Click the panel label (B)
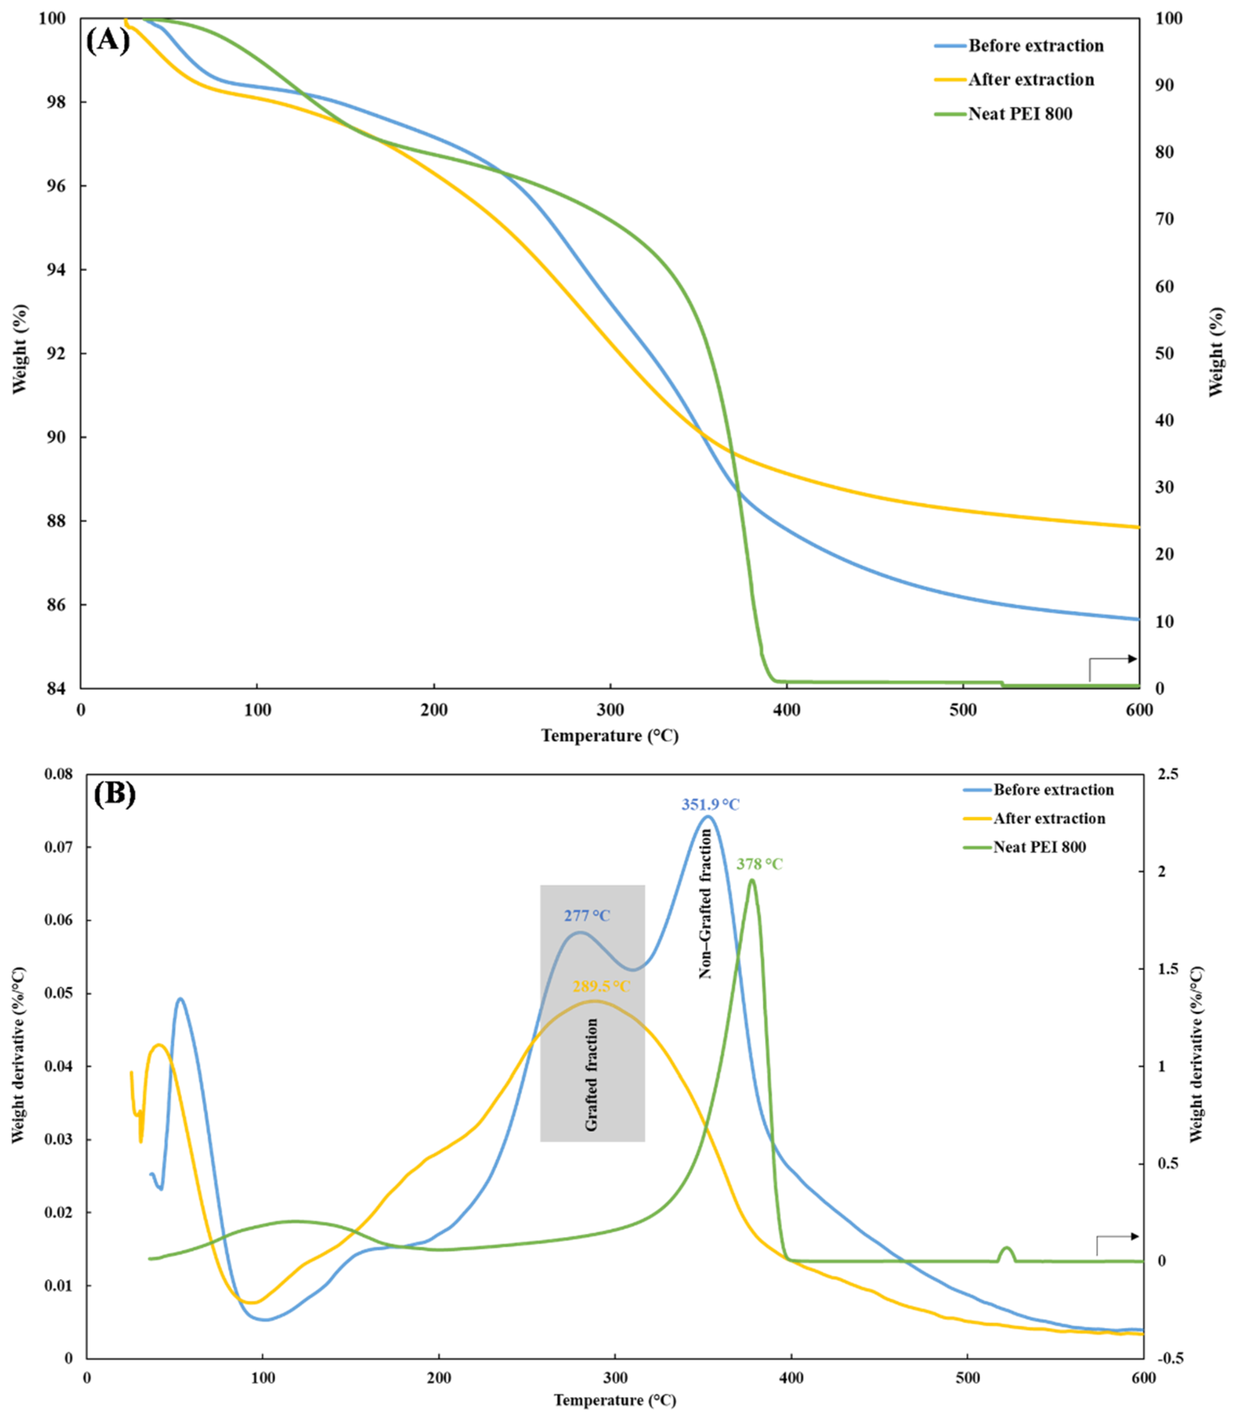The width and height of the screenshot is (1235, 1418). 114,794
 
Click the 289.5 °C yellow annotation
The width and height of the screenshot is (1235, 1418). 601,987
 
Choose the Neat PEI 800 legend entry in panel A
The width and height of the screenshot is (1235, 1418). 1020,114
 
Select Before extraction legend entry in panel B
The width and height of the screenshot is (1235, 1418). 1053,790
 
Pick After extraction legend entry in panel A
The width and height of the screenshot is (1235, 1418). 1031,80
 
